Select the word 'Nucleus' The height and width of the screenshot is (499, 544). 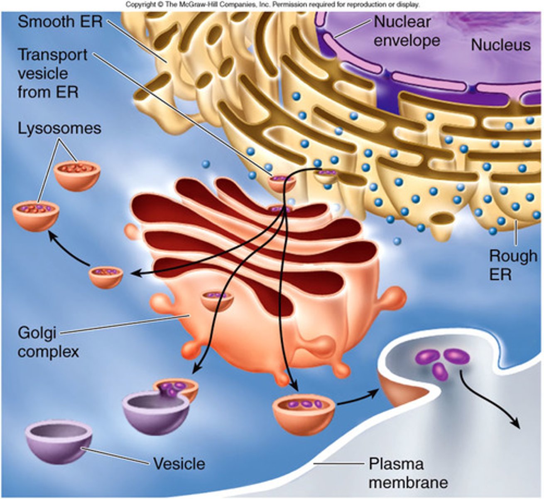point(500,45)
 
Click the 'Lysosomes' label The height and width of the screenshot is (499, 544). point(59,128)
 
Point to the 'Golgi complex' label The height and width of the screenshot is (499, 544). point(48,342)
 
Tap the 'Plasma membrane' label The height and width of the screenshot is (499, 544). point(408,473)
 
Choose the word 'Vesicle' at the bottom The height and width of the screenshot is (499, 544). point(179,463)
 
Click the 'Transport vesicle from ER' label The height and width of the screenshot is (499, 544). point(52,74)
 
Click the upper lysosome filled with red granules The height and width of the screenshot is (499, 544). point(77,175)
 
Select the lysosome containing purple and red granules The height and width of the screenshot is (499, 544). point(36,214)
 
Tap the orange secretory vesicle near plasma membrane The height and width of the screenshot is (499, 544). point(303,414)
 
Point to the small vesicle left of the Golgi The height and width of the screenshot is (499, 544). point(106,277)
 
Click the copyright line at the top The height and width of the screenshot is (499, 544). point(272,5)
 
